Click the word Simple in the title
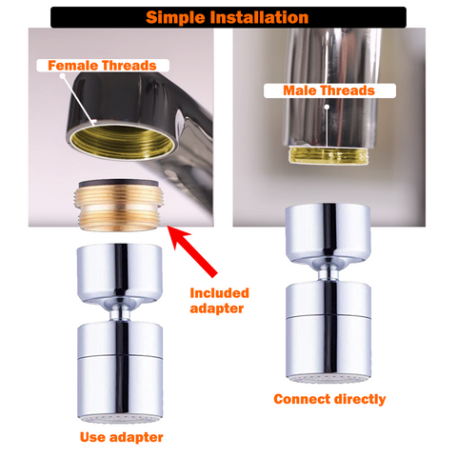coord(175,18)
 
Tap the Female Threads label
coord(102,66)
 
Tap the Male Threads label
coord(329,90)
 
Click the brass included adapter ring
coord(118,208)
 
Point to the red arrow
coord(192,250)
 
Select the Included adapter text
coord(219,301)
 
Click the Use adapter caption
coord(121,437)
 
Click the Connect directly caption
coord(329,399)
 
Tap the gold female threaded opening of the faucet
coord(122,142)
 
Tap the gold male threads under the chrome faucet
coord(328,156)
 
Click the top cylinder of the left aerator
coord(120,272)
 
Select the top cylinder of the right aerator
coord(328,232)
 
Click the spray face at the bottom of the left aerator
coord(121,419)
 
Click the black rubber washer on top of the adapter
coord(118,184)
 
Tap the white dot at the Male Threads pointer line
coord(327,108)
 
